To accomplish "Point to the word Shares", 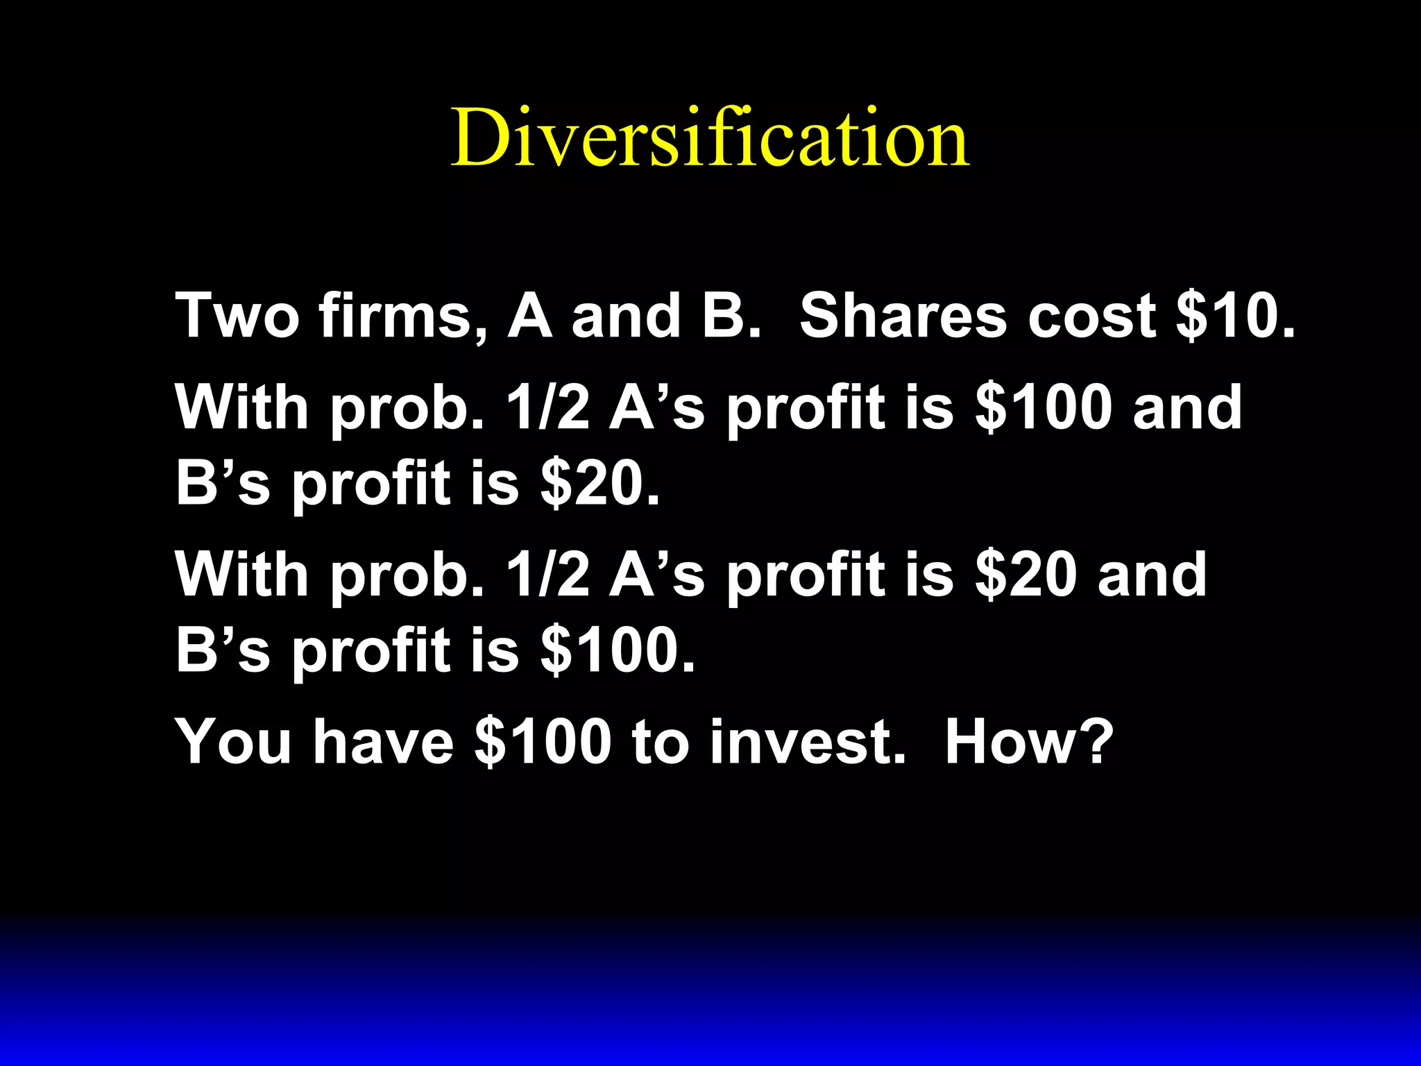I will coord(903,316).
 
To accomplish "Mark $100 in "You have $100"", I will coord(543,742).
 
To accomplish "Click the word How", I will coord(1006,742).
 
